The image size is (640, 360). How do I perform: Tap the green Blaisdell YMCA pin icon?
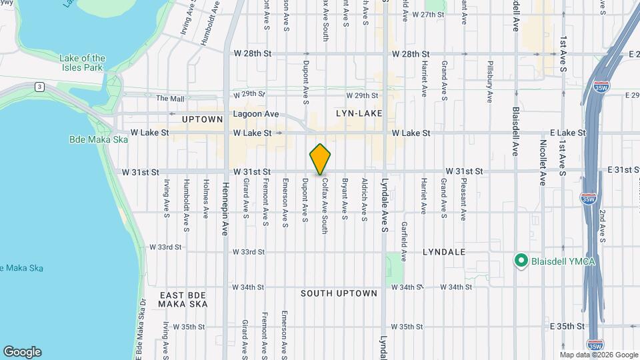click(x=521, y=260)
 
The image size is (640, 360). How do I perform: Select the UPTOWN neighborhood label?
click(x=202, y=119)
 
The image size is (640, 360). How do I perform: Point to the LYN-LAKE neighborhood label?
click(x=359, y=113)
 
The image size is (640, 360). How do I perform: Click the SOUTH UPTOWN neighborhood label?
click(x=339, y=293)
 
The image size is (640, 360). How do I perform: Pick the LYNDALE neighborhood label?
click(x=443, y=253)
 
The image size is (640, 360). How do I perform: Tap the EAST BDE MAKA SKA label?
click(x=182, y=299)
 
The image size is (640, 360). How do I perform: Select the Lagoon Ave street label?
click(x=255, y=114)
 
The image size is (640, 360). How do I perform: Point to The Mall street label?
click(x=170, y=99)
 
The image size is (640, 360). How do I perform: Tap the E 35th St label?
click(x=568, y=326)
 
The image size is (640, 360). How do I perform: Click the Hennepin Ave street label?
click(x=225, y=209)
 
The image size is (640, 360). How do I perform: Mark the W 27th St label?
click(x=428, y=14)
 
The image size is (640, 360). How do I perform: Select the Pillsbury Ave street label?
click(x=489, y=82)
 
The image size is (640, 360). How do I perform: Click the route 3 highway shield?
click(x=39, y=87)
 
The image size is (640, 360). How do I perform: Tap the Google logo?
click(x=22, y=351)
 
